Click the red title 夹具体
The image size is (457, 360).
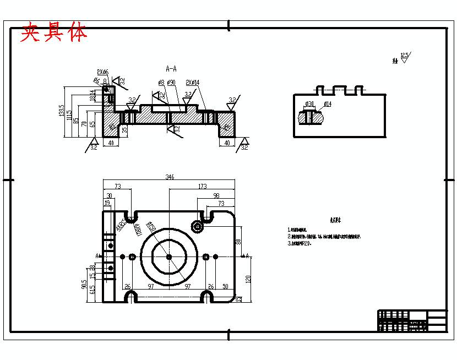54,33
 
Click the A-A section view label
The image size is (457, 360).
171,69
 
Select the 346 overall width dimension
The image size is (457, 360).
170,177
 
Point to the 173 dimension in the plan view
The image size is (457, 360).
202,187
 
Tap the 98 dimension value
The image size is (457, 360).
216,195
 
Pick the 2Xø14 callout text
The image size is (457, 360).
193,82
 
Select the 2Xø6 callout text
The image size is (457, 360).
103,72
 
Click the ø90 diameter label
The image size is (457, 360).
171,83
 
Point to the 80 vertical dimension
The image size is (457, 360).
238,241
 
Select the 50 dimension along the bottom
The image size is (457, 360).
225,287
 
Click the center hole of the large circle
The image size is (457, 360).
169,257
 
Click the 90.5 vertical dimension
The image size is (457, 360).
84,284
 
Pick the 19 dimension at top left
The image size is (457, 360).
107,203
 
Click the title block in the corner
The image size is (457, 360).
412,320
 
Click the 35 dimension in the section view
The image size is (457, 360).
124,130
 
